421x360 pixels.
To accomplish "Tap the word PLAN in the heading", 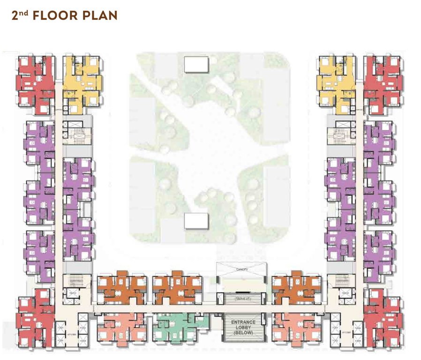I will (x=102, y=15).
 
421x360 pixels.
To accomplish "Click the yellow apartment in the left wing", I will (x=82, y=82).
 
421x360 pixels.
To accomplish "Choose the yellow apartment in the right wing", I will (x=336, y=82).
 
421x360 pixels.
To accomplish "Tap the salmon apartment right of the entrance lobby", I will (x=294, y=327).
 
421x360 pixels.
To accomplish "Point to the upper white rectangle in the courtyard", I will (x=196, y=64).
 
